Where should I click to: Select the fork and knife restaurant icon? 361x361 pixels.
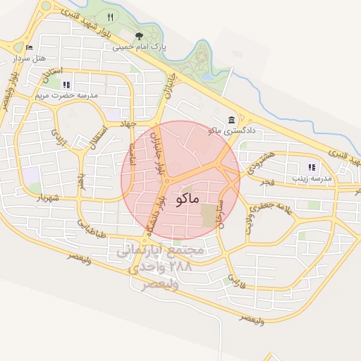tap(109, 16)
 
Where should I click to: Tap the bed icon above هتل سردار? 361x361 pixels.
tap(28, 47)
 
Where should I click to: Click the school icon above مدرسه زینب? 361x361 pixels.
tap(311, 168)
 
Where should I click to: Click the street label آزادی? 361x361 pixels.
tap(58, 131)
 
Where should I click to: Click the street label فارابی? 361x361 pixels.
tap(235, 281)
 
